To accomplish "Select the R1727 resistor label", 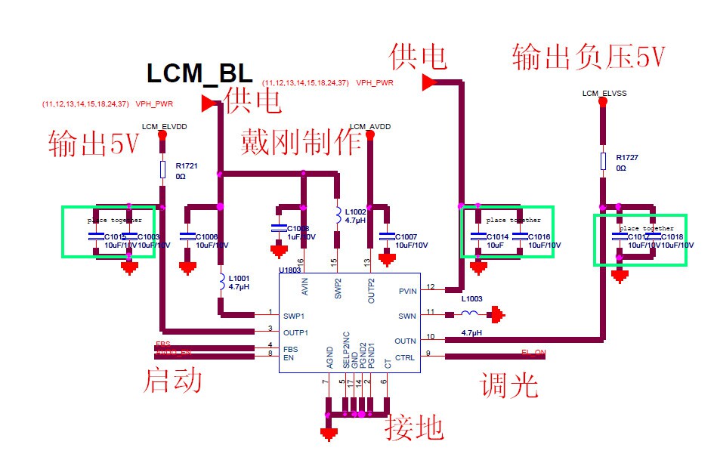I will [x=627, y=157].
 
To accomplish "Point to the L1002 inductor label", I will [x=355, y=212].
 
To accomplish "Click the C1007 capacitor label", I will [x=406, y=236].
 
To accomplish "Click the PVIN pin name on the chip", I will [x=407, y=291].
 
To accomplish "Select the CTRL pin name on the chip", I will [x=405, y=357].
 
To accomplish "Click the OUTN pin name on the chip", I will [x=406, y=341].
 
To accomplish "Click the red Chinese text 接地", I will [x=414, y=428].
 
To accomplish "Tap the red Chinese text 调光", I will [x=509, y=385].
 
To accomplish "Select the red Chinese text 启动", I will [x=173, y=380].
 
